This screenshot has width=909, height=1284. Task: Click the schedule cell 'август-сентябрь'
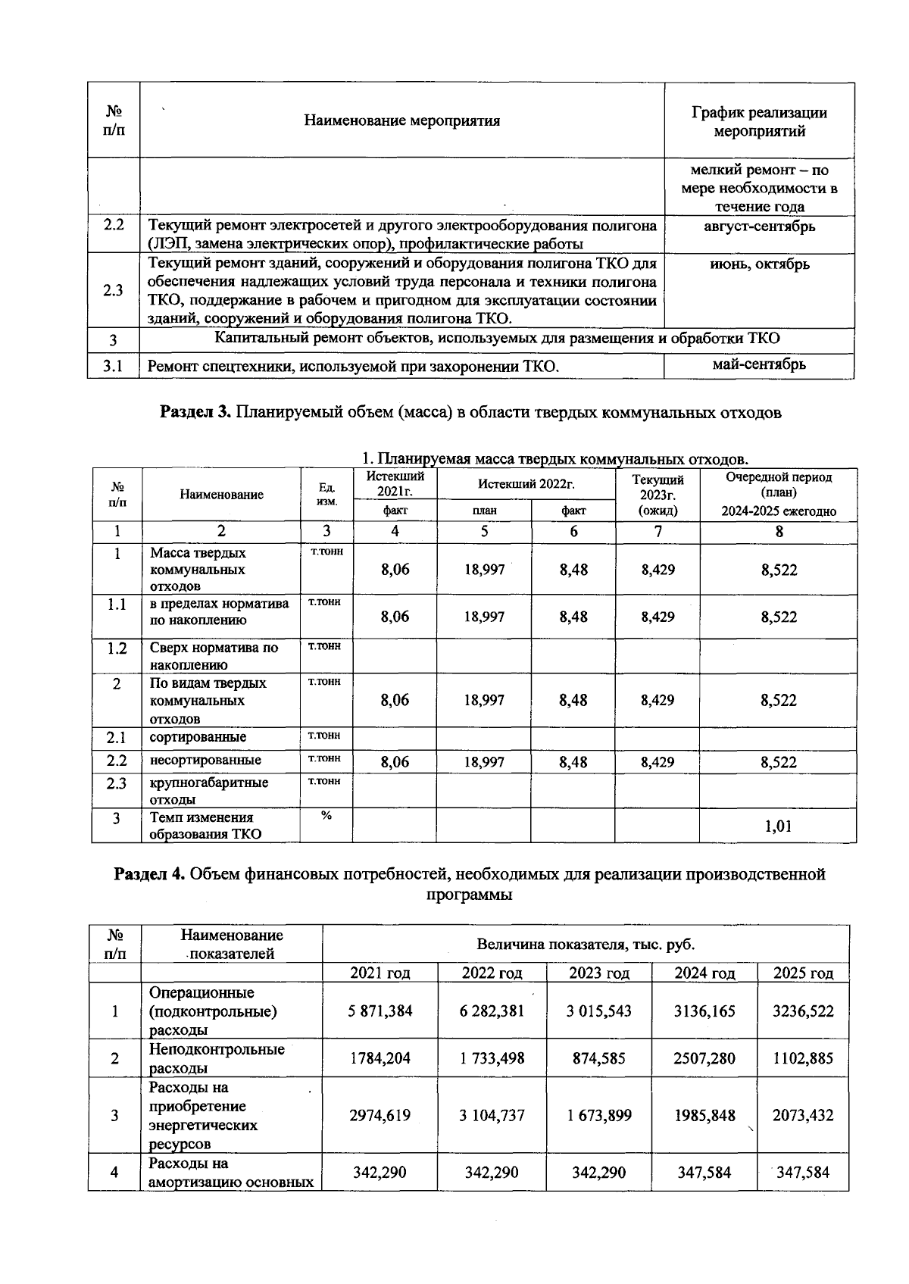(759, 226)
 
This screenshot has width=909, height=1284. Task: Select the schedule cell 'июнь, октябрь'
(759, 264)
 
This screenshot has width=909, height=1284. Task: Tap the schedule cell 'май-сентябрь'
(759, 364)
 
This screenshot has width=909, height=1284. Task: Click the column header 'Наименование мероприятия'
(401, 120)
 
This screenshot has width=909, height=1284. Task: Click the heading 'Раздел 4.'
(148, 874)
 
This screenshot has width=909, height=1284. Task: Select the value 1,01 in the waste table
(779, 826)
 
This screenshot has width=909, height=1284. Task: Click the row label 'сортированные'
(198, 737)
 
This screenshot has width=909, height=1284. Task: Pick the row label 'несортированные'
(205, 760)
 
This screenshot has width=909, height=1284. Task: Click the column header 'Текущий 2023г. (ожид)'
(658, 495)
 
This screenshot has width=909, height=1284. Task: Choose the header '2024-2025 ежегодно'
(779, 511)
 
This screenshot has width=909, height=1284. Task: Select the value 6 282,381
(492, 1011)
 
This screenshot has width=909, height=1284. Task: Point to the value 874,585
(599, 1058)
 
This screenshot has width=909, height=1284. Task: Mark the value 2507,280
(704, 1058)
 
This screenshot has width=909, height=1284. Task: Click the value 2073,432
(803, 1115)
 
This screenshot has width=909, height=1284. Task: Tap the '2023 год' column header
(599, 973)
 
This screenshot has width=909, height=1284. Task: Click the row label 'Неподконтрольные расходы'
(217, 1058)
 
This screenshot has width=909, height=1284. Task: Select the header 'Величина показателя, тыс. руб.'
(585, 944)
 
